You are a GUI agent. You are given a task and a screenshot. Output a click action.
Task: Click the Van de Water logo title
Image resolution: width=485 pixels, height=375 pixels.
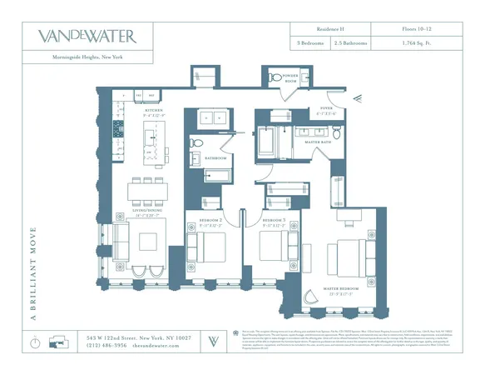[x=87, y=36]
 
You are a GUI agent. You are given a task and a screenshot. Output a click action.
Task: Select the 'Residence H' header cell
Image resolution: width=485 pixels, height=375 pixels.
[x=314, y=28]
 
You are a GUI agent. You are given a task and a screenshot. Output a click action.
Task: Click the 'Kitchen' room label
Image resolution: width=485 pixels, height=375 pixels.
[x=154, y=110]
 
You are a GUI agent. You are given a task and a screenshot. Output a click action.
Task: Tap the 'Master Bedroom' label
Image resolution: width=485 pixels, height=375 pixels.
[x=344, y=292]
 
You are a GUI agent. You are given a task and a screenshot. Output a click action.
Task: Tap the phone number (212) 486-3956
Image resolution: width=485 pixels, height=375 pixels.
[x=107, y=345]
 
